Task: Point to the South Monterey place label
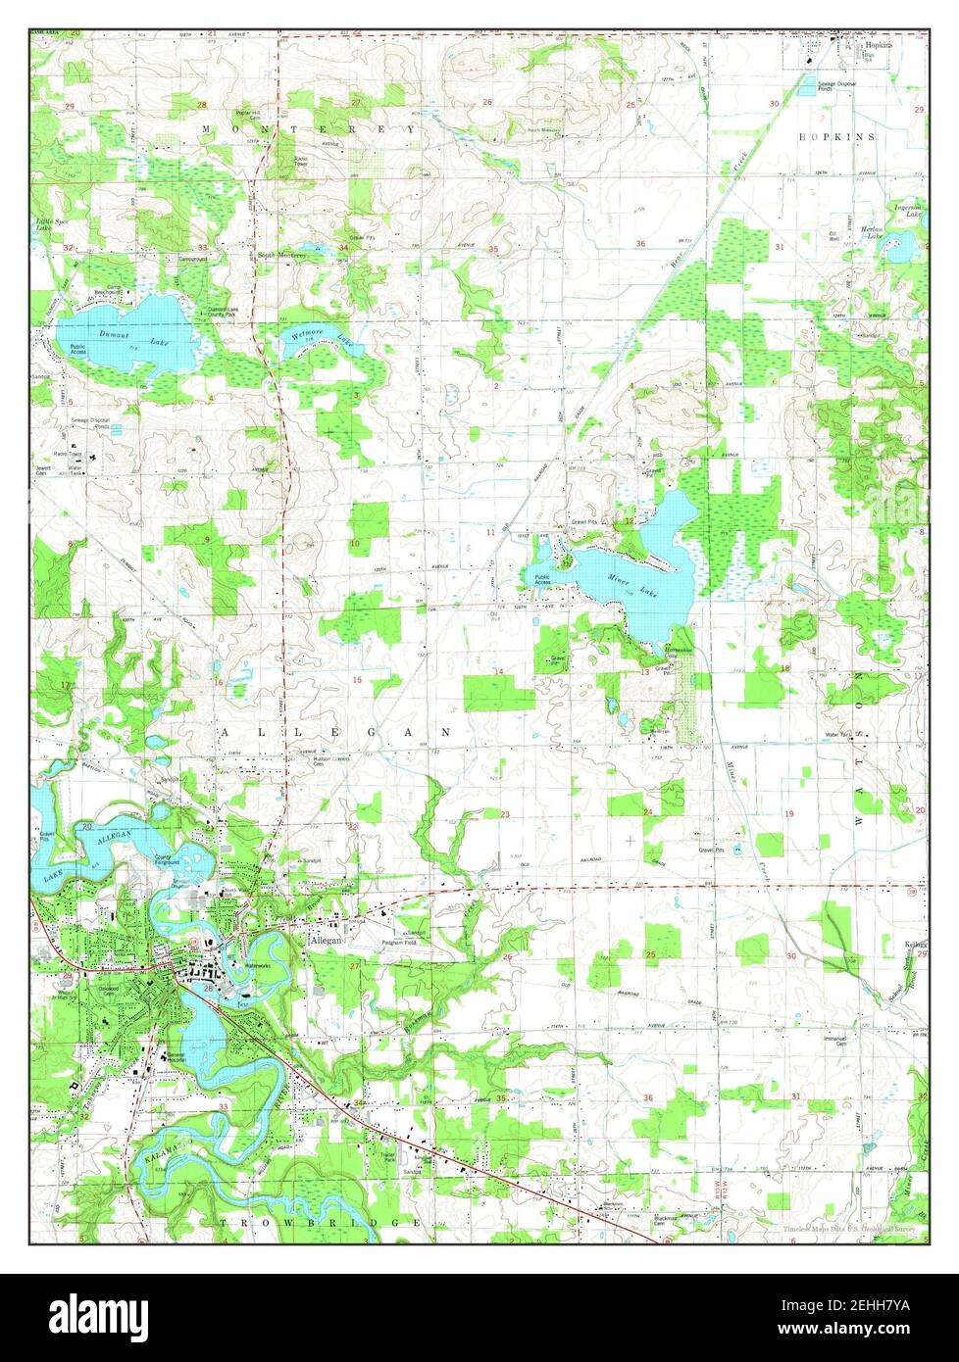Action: [282, 255]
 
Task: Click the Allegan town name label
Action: [327, 939]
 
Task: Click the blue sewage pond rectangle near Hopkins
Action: [807, 87]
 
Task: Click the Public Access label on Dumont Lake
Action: [77, 349]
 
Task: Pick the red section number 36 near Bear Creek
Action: [640, 243]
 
